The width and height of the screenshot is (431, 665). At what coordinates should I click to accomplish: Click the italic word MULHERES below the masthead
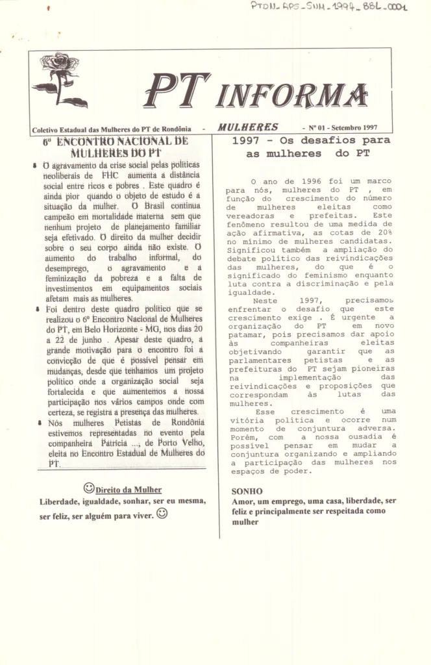(x=248, y=127)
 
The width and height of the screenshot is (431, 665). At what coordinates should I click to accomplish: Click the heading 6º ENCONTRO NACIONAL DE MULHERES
(x=116, y=147)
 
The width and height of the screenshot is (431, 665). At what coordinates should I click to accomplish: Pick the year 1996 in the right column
(x=312, y=181)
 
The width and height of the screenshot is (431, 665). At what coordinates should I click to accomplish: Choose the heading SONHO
(x=247, y=492)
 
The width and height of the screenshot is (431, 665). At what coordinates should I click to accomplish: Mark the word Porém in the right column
(x=242, y=438)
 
